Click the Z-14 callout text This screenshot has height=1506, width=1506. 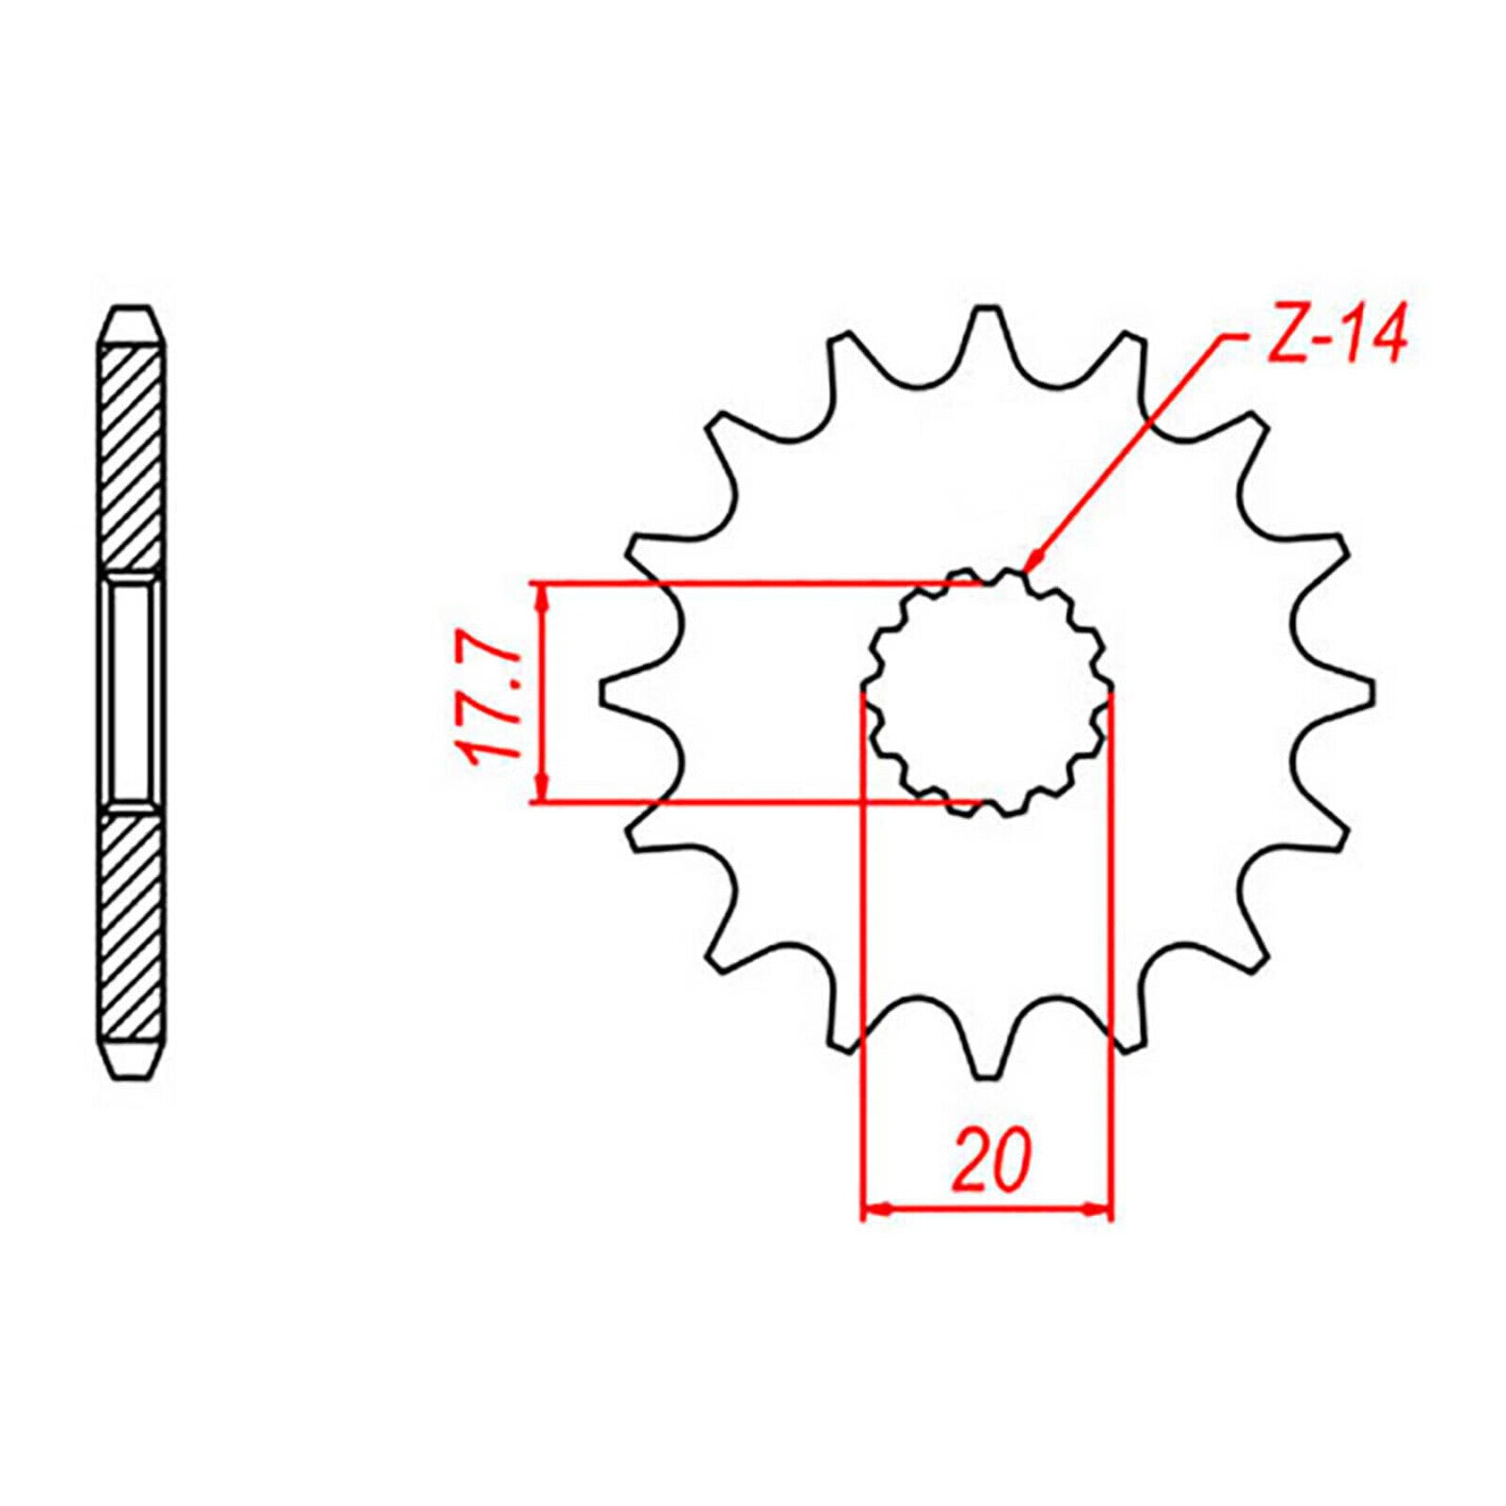[1336, 335]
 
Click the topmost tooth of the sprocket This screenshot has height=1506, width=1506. [986, 325]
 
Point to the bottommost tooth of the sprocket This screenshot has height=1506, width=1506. [986, 1059]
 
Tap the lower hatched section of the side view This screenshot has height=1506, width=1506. [132, 927]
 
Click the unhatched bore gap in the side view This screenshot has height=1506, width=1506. [132, 692]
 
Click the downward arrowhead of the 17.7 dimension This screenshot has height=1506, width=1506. [541, 790]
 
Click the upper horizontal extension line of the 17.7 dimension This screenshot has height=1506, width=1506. [753, 583]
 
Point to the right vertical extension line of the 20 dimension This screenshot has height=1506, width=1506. [1113, 941]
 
